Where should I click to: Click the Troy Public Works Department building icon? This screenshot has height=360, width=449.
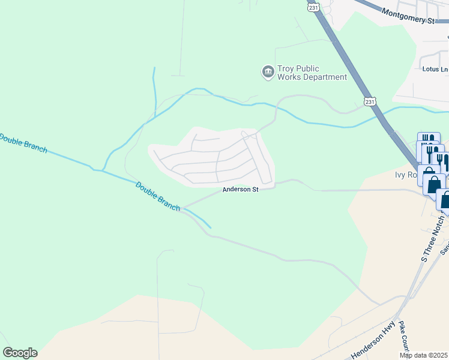(268, 73)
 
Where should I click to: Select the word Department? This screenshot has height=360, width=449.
(325, 77)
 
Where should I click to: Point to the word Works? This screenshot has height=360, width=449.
(289, 77)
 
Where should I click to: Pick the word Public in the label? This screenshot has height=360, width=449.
(310, 69)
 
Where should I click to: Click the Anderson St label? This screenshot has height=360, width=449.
(240, 190)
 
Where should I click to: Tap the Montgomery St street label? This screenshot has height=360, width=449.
(408, 16)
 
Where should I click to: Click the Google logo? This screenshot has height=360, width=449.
(20, 353)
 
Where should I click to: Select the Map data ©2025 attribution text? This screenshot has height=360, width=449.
(423, 355)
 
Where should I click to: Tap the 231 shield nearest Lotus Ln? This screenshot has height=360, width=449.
(370, 101)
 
